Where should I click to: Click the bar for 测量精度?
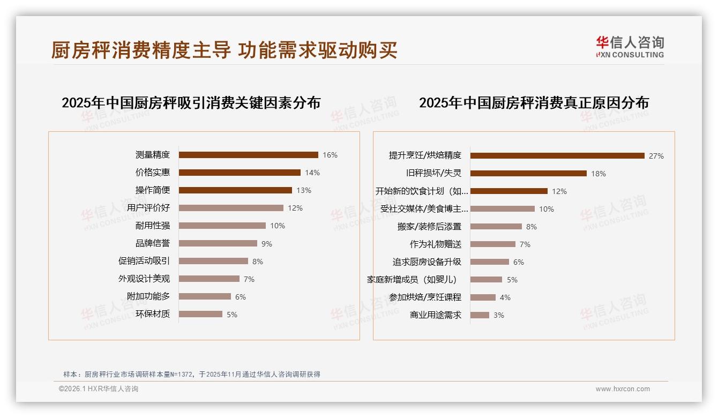pyautogui.click(x=248, y=155)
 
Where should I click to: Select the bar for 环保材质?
pyautogui.click(x=200, y=314)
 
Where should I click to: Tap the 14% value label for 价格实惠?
pyautogui.click(x=312, y=173)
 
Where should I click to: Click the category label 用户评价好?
pyautogui.click(x=148, y=208)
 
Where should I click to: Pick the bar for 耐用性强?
pyautogui.click(x=222, y=226)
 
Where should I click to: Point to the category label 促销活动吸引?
pyautogui.click(x=144, y=261)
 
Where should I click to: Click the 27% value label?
pyautogui.click(x=656, y=156)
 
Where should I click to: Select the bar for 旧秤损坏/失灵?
pyautogui.click(x=528, y=173)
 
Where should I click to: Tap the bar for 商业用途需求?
pyautogui.click(x=480, y=315)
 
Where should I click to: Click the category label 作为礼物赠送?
pyautogui.click(x=435, y=244)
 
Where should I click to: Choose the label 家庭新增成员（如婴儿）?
pyautogui.click(x=412, y=280)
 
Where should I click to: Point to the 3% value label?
pyautogui.click(x=498, y=315)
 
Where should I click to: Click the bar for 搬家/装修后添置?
pyautogui.click(x=496, y=227)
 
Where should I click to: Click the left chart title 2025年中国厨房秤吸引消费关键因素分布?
pyautogui.click(x=191, y=102)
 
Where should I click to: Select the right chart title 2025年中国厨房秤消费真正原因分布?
pyautogui.click(x=533, y=102)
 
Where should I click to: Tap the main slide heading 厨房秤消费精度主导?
pyautogui.click(x=141, y=50)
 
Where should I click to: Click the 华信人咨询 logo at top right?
pyautogui.click(x=630, y=47)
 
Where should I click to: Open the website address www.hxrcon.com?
pyautogui.click(x=623, y=389)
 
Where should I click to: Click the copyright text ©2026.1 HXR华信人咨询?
pyautogui.click(x=98, y=389)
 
